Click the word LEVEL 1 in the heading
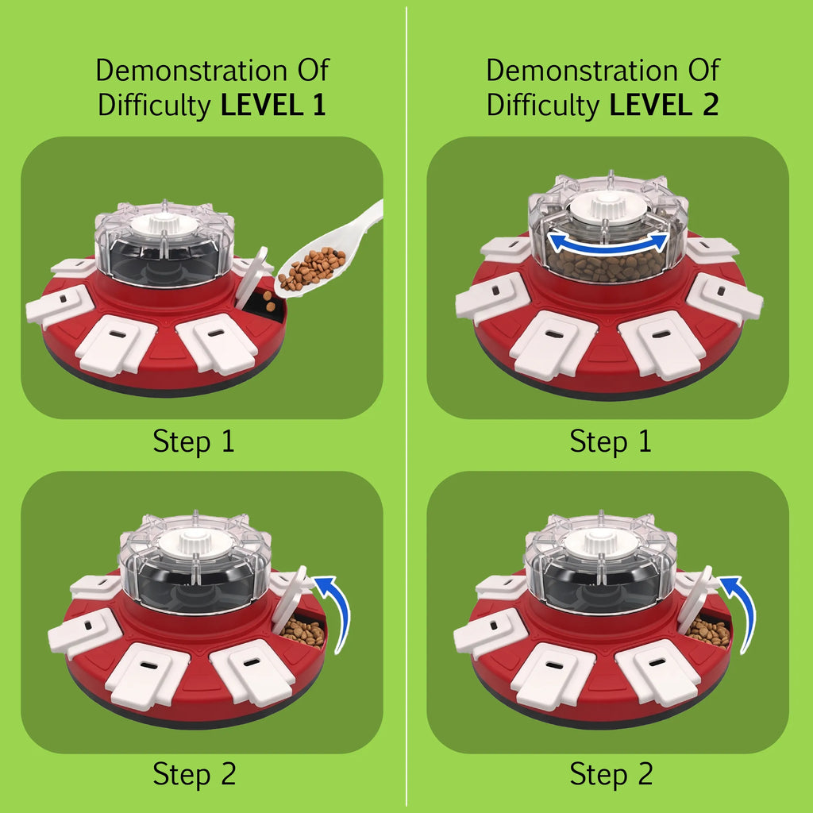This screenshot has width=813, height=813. click(x=273, y=105)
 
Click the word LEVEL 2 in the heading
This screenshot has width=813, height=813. click(x=664, y=105)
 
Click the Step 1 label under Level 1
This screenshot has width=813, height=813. click(x=194, y=441)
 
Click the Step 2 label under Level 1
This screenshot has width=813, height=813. click(x=194, y=774)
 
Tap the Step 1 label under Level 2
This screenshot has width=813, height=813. click(x=611, y=441)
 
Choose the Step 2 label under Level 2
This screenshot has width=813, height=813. click(x=611, y=774)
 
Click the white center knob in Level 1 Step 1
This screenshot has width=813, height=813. click(x=164, y=224)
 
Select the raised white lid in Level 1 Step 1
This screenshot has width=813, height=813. click(x=251, y=277)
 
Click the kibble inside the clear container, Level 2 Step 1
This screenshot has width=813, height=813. click(x=607, y=265)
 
